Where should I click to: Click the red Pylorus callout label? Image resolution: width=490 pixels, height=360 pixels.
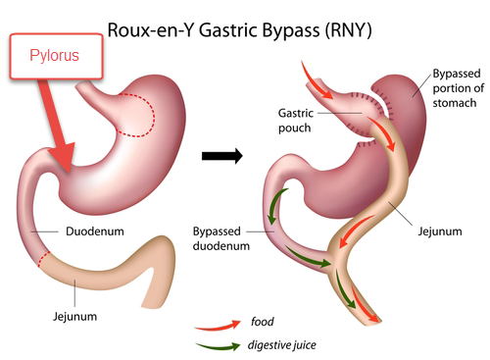pyautogui.click(x=56, y=56)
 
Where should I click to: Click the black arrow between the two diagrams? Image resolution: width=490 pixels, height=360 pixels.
pyautogui.click(x=222, y=156)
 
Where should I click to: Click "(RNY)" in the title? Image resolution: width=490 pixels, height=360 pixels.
pyautogui.click(x=349, y=30)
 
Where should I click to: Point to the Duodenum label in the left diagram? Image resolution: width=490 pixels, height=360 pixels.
pyautogui.click(x=95, y=231)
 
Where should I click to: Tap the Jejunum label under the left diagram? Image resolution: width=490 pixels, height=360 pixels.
pyautogui.click(x=74, y=317)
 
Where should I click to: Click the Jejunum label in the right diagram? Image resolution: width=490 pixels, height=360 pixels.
pyautogui.click(x=440, y=231)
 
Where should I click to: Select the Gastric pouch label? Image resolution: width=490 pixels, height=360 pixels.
pyautogui.click(x=296, y=121)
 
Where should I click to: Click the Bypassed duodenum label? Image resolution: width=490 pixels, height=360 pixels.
pyautogui.click(x=221, y=238)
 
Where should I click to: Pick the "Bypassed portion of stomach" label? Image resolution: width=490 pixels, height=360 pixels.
pyautogui.click(x=458, y=88)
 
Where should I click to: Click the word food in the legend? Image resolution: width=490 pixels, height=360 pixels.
pyautogui.click(x=263, y=322)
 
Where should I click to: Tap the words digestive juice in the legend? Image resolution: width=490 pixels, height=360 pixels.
pyautogui.click(x=282, y=345)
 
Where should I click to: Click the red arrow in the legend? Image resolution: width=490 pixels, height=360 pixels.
pyautogui.click(x=218, y=326)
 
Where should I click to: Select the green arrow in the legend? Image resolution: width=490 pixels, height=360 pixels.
pyautogui.click(x=218, y=346)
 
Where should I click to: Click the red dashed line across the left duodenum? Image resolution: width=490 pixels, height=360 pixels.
pyautogui.click(x=44, y=259)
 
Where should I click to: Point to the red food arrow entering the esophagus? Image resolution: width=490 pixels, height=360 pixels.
pyautogui.click(x=315, y=80)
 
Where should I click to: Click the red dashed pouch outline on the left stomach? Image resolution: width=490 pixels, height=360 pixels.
pyautogui.click(x=154, y=115)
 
